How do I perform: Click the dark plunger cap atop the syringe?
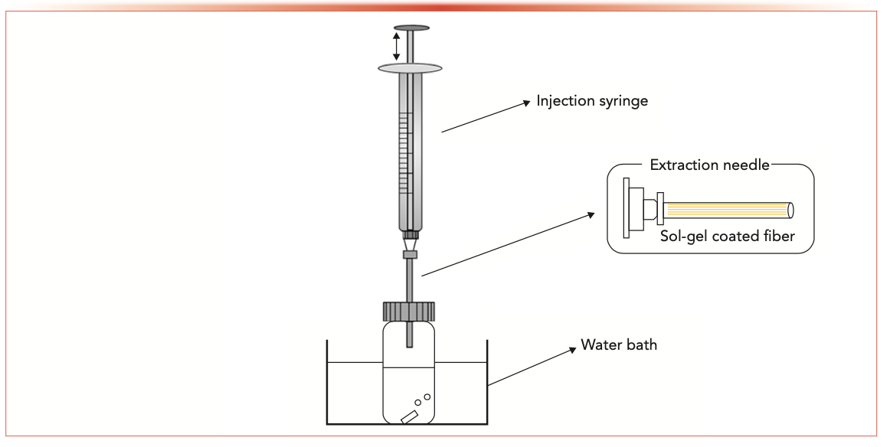click(411, 28)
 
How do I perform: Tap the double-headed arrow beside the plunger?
click(396, 46)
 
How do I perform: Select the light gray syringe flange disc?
click(411, 69)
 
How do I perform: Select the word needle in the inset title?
click(742, 165)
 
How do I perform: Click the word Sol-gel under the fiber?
click(684, 237)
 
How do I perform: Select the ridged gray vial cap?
click(408, 311)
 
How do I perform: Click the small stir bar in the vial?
click(409, 416)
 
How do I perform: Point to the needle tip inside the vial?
click(410, 344)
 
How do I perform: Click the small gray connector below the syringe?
click(410, 254)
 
